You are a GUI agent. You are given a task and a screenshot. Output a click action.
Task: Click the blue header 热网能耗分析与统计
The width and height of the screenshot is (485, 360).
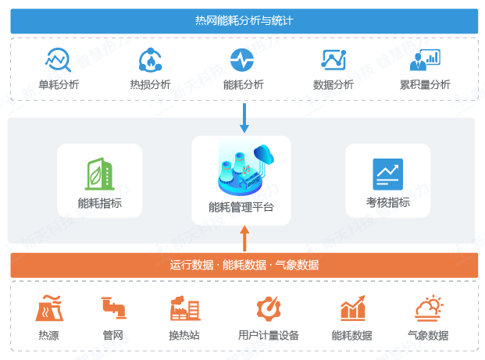click(x=244, y=20)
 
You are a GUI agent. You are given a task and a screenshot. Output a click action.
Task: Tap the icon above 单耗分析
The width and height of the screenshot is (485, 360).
click(x=59, y=60)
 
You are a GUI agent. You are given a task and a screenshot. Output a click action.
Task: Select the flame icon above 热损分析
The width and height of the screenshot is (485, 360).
click(x=150, y=60)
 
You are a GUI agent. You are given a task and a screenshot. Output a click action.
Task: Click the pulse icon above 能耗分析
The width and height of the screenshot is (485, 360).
click(x=242, y=60)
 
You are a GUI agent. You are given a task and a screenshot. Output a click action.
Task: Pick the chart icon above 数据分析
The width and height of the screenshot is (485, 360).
click(x=333, y=60)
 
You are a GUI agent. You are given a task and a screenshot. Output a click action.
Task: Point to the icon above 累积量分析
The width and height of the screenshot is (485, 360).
click(x=425, y=60)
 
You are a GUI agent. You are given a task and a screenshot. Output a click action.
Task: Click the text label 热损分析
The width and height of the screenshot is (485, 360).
click(x=150, y=85)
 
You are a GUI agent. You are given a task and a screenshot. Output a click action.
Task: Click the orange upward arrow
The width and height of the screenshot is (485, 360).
click(x=244, y=237)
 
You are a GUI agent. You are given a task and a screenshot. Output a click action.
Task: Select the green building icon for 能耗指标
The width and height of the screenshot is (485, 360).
click(x=99, y=174)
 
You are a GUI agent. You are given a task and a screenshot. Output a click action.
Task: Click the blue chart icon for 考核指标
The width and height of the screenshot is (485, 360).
click(x=387, y=174)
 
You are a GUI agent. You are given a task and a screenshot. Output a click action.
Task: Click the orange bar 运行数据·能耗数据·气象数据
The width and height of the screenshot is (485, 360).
click(x=244, y=265)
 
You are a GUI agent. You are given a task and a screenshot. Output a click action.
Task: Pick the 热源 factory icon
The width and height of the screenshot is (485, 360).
click(x=48, y=308)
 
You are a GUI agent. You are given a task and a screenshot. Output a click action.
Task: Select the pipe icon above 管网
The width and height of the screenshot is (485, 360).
click(x=113, y=308)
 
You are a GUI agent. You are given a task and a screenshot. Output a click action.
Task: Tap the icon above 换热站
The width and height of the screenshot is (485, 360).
click(x=185, y=309)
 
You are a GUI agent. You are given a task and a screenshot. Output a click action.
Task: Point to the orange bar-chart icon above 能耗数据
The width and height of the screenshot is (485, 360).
click(x=352, y=308)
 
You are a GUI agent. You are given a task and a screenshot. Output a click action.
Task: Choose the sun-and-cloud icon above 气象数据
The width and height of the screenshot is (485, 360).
click(x=429, y=308)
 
